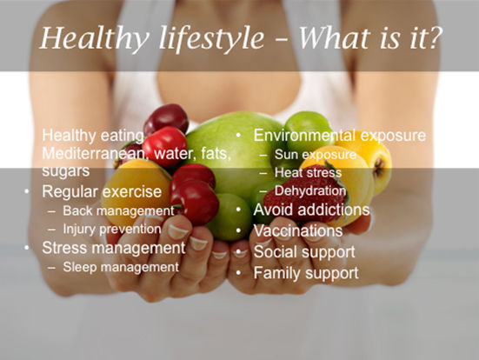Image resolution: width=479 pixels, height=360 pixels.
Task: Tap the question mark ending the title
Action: point(434,38)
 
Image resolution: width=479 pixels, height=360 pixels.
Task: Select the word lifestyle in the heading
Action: point(211,39)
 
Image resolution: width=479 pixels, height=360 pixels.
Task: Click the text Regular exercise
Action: point(102,192)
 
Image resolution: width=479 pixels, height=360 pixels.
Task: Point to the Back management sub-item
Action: point(118,210)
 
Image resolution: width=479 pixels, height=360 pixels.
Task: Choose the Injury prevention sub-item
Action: point(112,230)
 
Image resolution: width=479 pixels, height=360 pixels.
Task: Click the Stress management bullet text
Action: point(114,248)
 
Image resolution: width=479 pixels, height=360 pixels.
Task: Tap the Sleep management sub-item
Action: point(121,268)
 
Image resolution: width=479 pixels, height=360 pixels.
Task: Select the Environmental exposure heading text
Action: point(340,136)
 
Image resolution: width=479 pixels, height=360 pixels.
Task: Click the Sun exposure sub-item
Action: point(316,155)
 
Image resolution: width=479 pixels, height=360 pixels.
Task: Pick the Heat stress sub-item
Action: point(308,173)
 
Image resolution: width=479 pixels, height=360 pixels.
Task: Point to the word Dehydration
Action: point(310,191)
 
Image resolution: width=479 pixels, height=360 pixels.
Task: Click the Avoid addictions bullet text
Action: point(311,210)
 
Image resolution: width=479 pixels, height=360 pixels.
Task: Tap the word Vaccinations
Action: point(298,231)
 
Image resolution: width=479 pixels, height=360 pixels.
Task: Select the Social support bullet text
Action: point(304,252)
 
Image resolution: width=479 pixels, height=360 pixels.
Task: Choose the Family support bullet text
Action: point(306,274)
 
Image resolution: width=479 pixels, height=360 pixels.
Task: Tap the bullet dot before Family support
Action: point(238,273)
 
